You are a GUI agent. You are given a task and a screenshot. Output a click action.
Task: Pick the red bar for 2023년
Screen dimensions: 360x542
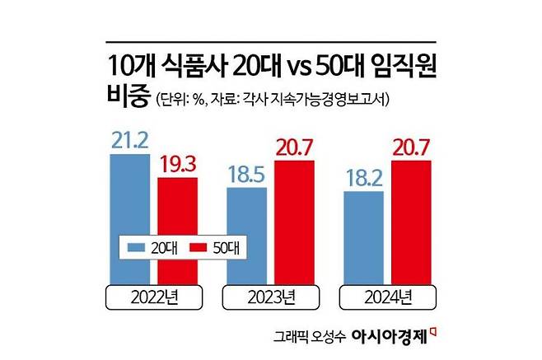[293, 222]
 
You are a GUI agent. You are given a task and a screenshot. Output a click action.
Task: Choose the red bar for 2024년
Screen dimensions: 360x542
[411, 222]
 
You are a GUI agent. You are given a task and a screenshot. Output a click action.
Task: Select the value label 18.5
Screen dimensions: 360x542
[245, 174]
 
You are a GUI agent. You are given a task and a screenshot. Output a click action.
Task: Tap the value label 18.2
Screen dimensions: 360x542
[363, 178]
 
